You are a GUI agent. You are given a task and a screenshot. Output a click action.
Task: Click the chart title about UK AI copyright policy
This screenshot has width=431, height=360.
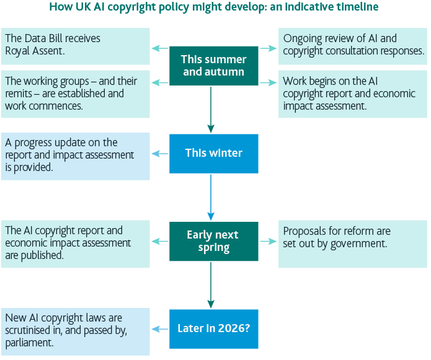click(214, 7)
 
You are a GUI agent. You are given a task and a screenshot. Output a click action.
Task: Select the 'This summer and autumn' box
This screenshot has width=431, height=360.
click(213, 66)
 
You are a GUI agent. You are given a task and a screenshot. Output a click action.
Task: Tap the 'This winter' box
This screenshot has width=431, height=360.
click(213, 153)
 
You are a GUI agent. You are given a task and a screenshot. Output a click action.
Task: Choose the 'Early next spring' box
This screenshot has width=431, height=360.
click(213, 241)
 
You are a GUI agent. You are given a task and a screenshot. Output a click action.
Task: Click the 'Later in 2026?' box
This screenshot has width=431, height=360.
click(213, 328)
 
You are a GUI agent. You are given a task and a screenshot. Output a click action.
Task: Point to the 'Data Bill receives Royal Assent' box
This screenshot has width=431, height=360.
click(75, 46)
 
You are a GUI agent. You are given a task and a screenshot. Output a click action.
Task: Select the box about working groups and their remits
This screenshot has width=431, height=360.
click(75, 94)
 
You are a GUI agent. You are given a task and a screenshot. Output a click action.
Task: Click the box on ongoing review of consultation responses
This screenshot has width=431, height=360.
click(352, 46)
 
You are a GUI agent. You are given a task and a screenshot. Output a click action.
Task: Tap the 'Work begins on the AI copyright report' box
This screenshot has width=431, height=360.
click(352, 94)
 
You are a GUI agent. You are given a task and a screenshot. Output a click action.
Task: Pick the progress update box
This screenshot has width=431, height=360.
click(75, 156)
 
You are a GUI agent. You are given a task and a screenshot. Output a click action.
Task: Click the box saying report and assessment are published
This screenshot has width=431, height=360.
click(75, 244)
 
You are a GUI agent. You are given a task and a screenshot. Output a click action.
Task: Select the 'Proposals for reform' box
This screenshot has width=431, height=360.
click(352, 244)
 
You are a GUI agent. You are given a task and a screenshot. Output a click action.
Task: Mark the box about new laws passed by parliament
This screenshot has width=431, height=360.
click(75, 331)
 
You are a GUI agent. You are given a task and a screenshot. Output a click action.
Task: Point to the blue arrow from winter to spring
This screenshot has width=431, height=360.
click(211, 197)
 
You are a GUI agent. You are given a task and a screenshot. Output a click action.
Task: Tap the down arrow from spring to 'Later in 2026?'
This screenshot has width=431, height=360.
click(211, 285)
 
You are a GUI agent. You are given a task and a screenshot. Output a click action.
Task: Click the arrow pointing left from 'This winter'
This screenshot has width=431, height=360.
click(160, 153)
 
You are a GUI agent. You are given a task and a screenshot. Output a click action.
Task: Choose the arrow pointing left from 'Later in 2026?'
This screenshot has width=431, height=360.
click(160, 328)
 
